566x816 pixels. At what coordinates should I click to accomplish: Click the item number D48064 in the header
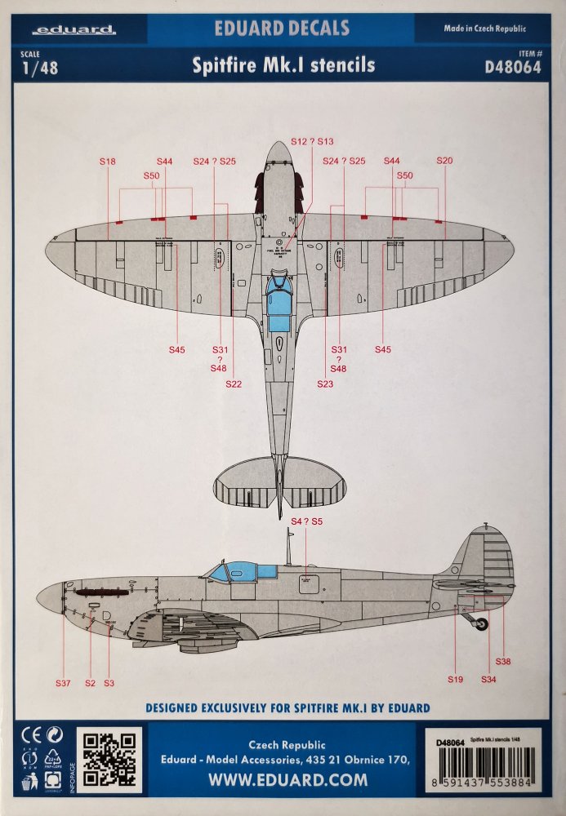tap(512, 68)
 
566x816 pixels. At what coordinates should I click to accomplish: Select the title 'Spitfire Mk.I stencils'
tap(283, 66)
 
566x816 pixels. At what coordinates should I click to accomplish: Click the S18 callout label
tap(108, 162)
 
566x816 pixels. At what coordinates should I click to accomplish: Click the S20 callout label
tap(444, 162)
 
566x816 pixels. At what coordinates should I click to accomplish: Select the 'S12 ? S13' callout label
tap(312, 141)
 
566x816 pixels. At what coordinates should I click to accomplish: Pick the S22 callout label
tap(234, 384)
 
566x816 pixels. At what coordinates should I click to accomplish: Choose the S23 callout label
tap(325, 384)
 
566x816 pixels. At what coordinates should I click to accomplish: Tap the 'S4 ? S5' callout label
tap(307, 521)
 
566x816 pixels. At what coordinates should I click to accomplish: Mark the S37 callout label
tap(64, 682)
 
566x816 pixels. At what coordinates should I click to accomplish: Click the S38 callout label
tap(503, 662)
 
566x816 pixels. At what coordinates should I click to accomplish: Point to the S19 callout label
tap(455, 679)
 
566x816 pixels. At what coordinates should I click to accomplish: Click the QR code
tap(109, 761)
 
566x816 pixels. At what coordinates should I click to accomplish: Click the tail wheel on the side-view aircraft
tap(483, 624)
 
